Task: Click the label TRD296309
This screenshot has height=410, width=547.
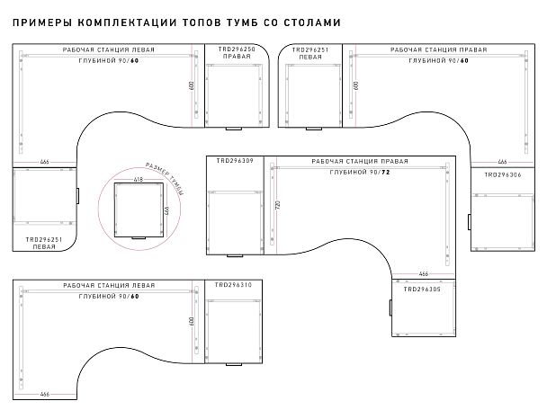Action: click(234, 161)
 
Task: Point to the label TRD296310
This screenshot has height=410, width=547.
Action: click(234, 285)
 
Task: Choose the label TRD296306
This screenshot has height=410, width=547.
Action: click(503, 174)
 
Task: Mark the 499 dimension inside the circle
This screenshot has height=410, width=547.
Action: click(167, 209)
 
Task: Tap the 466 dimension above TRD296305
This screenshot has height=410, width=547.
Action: click(423, 273)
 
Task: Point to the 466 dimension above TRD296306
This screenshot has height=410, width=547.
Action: click(503, 163)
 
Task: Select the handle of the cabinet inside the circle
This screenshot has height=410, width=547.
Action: click(139, 238)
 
